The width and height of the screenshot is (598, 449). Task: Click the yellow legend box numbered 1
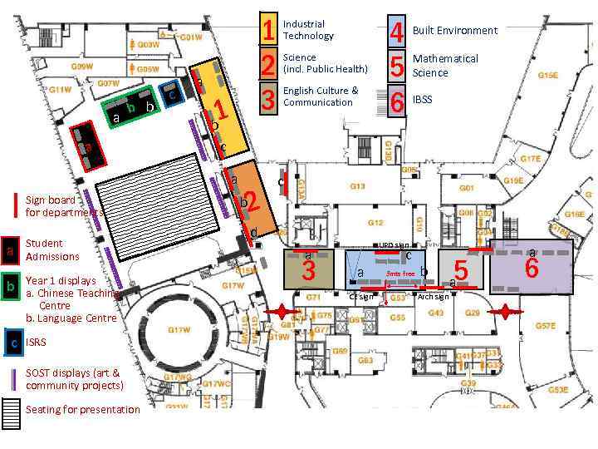click(268, 30)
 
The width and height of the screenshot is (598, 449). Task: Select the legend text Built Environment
click(454, 31)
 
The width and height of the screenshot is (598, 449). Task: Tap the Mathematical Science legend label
click(445, 66)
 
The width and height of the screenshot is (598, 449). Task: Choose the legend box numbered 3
click(268, 99)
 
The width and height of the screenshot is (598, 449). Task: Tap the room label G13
click(357, 187)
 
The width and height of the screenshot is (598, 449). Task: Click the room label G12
click(375, 223)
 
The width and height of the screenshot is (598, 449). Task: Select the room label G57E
click(545, 327)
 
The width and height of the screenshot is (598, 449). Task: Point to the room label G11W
click(59, 90)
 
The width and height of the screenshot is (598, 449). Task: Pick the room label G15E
click(548, 76)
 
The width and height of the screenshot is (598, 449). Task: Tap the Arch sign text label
click(433, 297)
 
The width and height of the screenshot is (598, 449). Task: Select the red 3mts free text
click(400, 274)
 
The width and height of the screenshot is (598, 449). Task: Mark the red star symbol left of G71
click(282, 312)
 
